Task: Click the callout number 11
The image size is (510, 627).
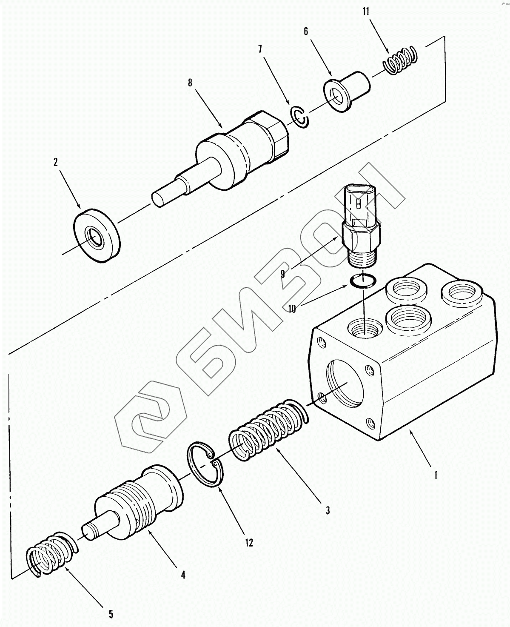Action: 365,12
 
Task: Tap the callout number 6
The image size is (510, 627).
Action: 306,31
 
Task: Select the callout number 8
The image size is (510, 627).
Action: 190,83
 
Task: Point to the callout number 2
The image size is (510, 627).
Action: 56,162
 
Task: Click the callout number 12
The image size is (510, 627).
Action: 249,543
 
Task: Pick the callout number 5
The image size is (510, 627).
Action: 111,614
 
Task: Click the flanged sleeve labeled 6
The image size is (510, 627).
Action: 347,91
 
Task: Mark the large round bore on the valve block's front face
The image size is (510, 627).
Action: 345,384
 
